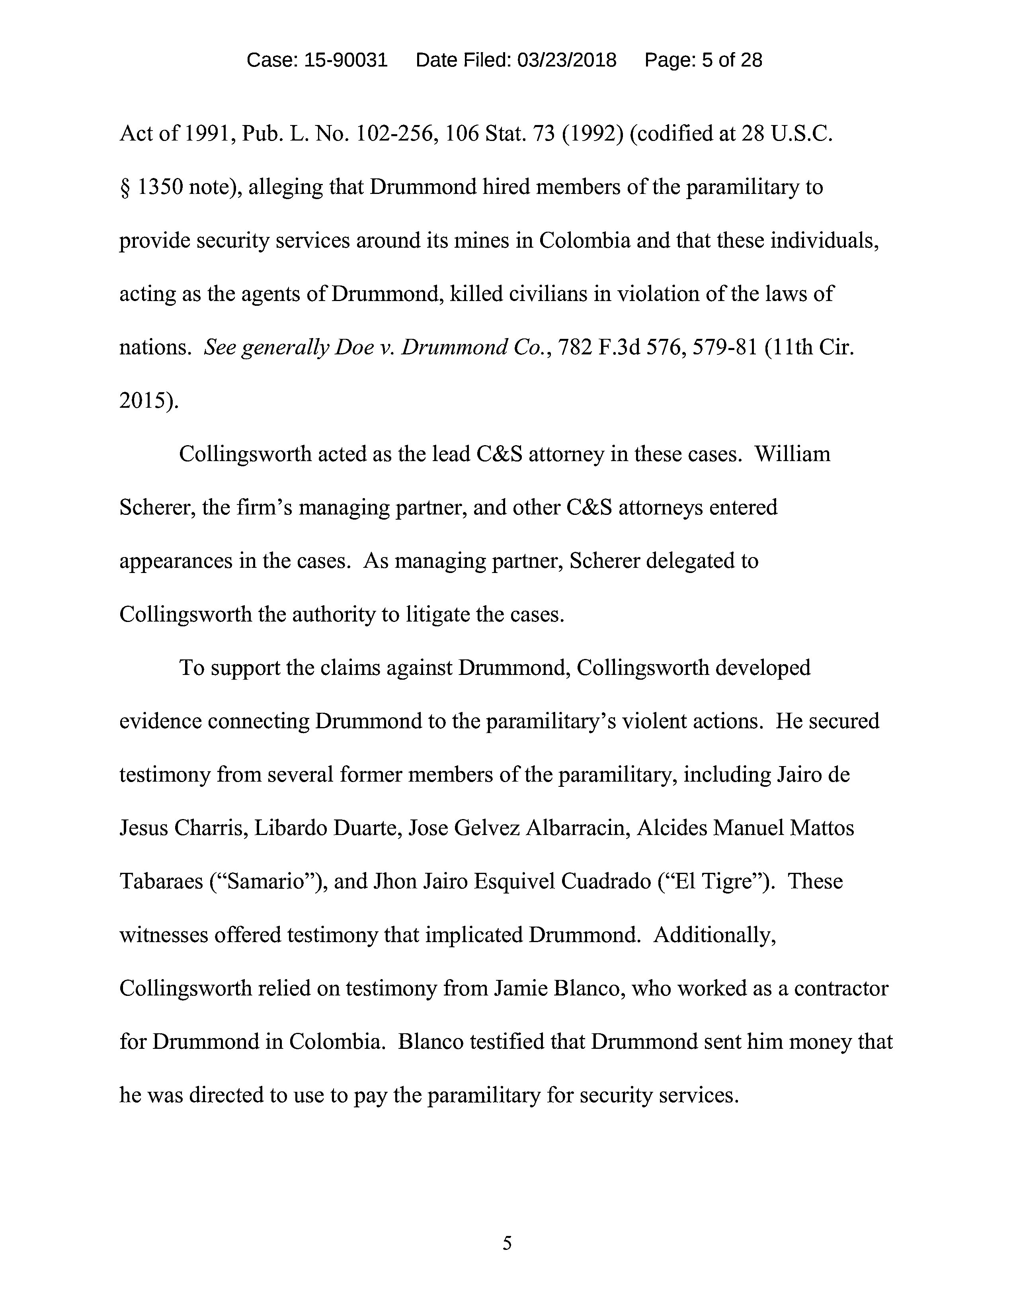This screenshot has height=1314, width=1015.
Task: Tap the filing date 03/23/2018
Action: click(566, 60)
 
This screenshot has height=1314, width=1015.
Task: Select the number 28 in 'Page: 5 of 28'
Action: click(751, 60)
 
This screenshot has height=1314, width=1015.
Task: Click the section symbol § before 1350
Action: click(125, 188)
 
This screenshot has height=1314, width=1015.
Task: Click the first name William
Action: click(792, 454)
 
